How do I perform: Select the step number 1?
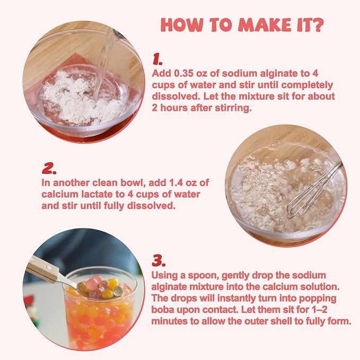point(157,59)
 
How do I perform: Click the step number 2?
point(49,168)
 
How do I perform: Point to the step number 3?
point(159,261)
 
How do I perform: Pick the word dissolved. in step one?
point(176,96)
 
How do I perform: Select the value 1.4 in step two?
point(176,183)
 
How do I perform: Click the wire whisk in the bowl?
point(314,190)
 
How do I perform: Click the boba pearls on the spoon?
point(100,287)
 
